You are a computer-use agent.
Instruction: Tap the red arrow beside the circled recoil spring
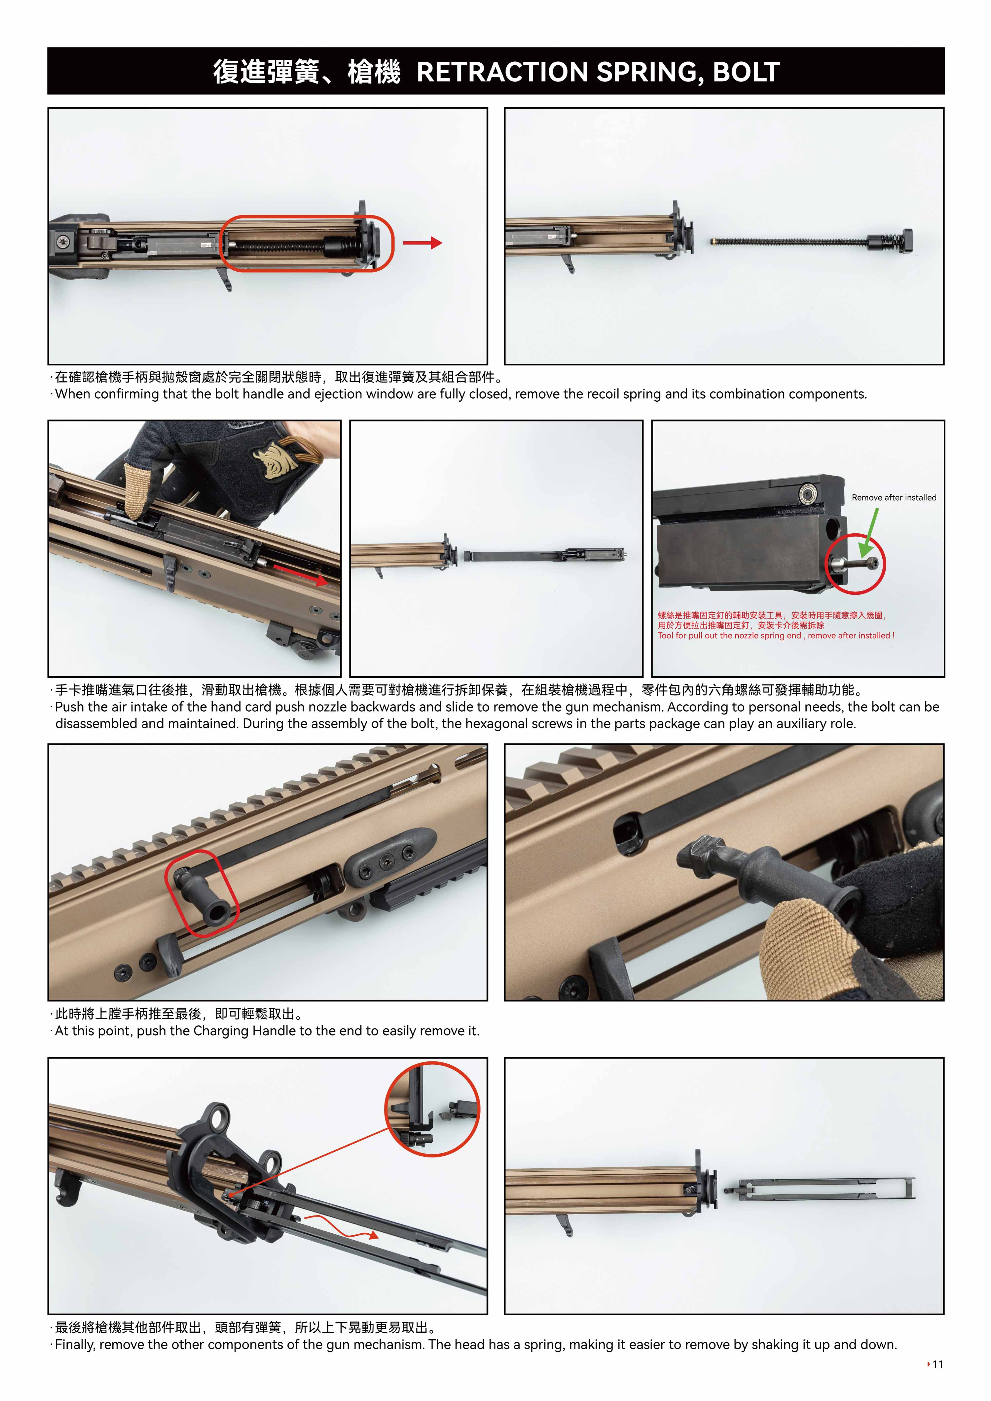[x=422, y=243]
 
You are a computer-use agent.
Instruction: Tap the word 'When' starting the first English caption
[x=73, y=394]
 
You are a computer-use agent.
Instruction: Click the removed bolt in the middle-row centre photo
[x=545, y=555]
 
